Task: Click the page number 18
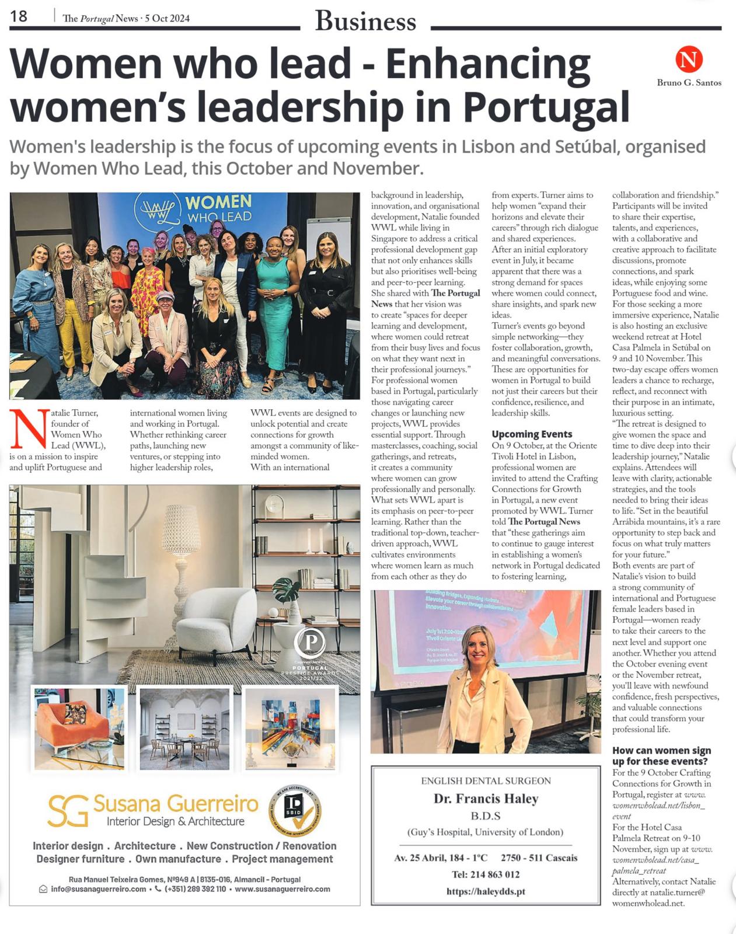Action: [x=19, y=16]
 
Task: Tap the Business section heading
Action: [x=365, y=22]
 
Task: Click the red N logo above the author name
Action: [x=689, y=60]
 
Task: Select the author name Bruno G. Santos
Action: [x=689, y=83]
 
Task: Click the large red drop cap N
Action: [x=28, y=430]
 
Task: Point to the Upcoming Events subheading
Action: [x=532, y=434]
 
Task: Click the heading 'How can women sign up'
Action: [x=661, y=756]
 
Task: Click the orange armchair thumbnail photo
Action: [x=79, y=728]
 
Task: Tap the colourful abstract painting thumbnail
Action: [x=290, y=728]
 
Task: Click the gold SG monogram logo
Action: [x=68, y=810]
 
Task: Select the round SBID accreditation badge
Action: [x=295, y=811]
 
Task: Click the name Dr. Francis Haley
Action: [x=486, y=799]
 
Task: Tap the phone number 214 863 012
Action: [x=486, y=874]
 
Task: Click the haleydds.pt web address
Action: [x=486, y=891]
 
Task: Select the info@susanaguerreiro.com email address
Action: [x=98, y=889]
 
